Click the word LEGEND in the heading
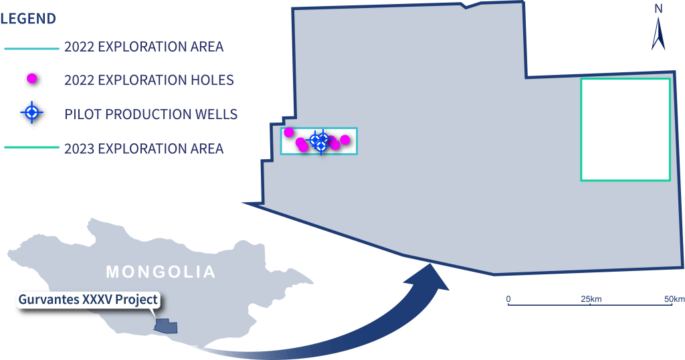click(28, 19)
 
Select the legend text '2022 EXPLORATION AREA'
click(144, 47)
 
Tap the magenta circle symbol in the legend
click(31, 80)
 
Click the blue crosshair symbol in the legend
click(31, 113)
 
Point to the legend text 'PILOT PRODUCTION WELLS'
click(151, 114)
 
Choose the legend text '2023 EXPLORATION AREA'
click(144, 148)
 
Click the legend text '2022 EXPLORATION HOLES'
click(149, 80)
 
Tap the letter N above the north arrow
click(658, 9)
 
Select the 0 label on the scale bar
click(508, 298)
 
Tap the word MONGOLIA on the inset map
click(161, 272)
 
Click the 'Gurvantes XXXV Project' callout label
click(88, 299)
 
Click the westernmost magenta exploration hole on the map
click(289, 132)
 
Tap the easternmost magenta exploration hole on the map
click(345, 140)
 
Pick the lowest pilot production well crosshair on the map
click(321, 146)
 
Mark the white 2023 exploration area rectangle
click(625, 129)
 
